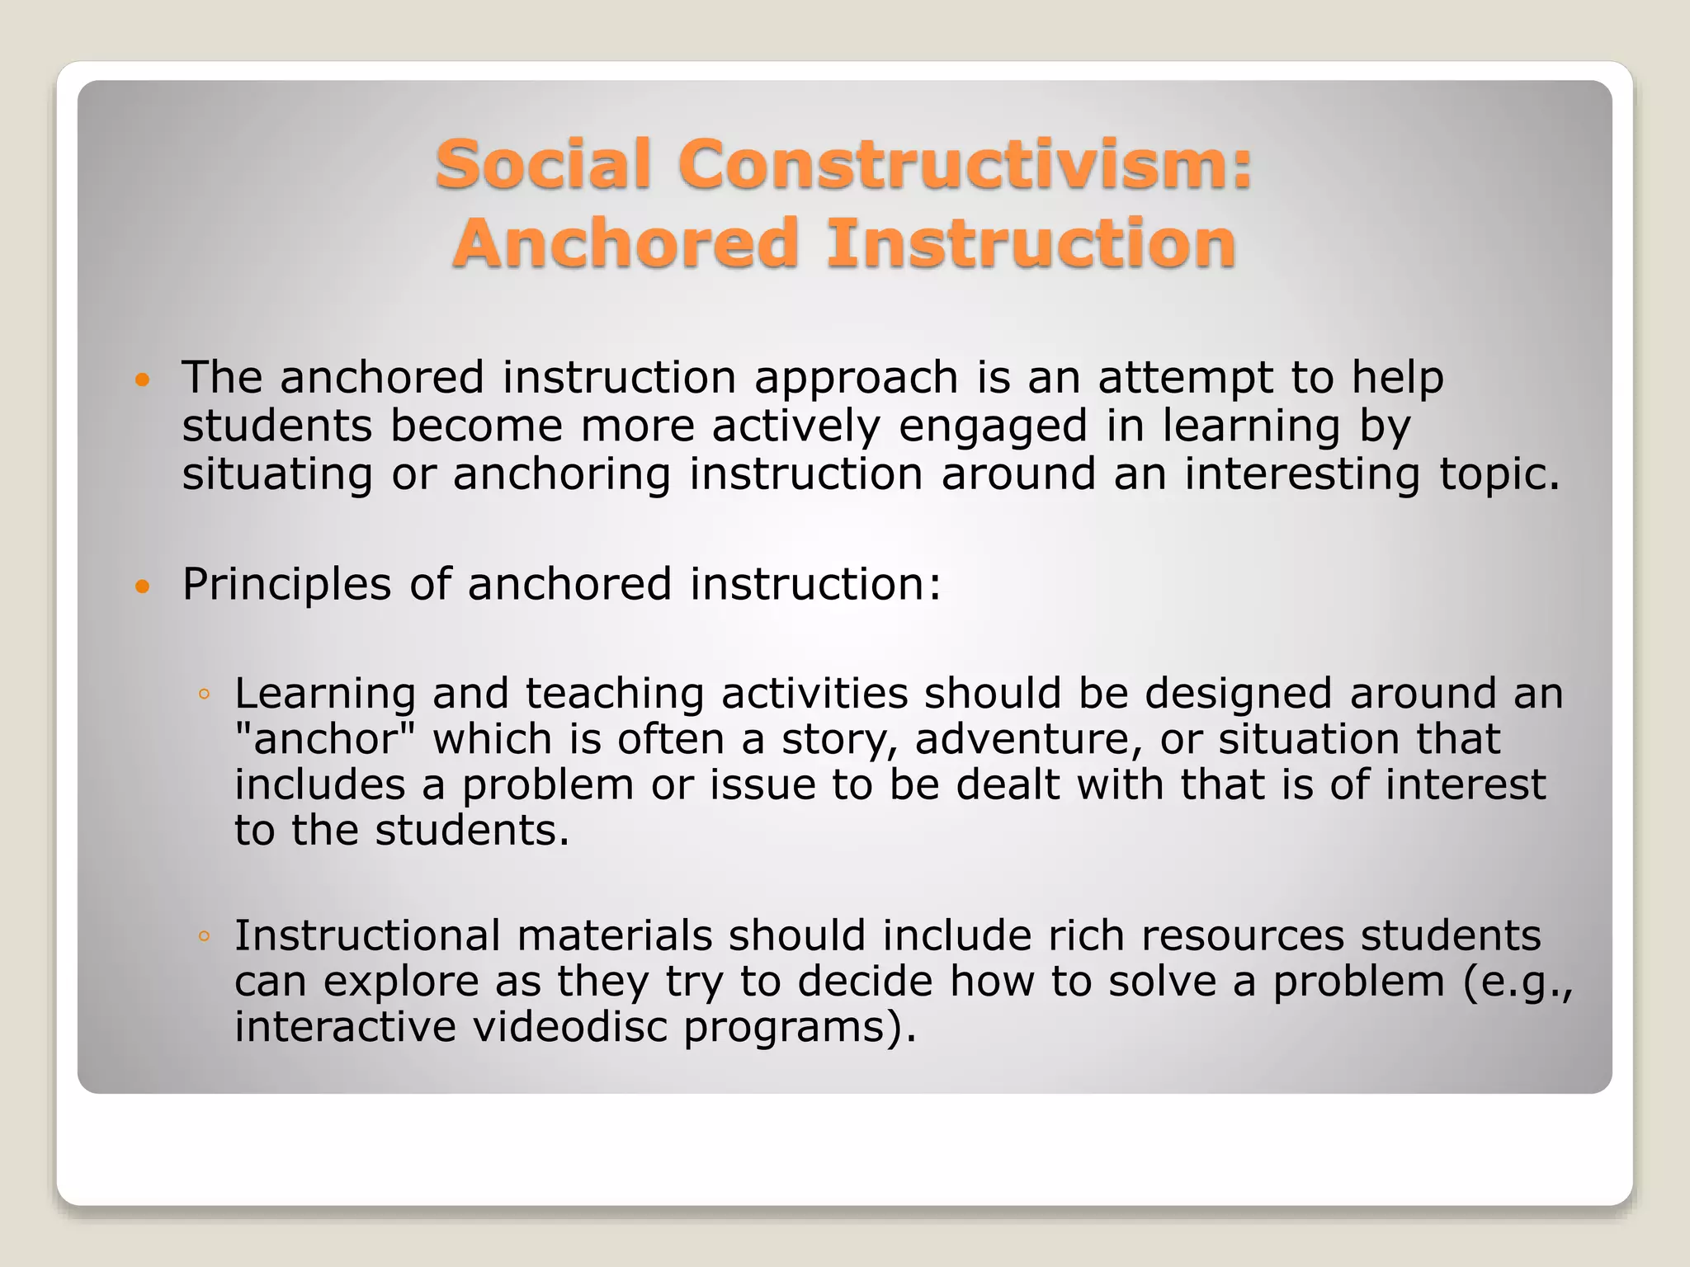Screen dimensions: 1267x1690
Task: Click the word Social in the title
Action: (543, 164)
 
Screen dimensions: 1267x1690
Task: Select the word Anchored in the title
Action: (625, 243)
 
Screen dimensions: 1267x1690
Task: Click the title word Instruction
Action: (1031, 243)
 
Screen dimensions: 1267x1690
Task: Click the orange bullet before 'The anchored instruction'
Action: (143, 380)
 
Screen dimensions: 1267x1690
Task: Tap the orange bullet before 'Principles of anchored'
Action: (143, 587)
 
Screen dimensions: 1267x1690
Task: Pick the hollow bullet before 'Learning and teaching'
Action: (204, 695)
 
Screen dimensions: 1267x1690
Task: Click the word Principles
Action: (286, 586)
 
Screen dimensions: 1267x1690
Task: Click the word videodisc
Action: (569, 1028)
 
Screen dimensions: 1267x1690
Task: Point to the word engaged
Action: (993, 427)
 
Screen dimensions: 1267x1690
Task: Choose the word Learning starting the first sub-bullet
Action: (324, 694)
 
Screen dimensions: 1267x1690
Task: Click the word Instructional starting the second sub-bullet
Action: (367, 936)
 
